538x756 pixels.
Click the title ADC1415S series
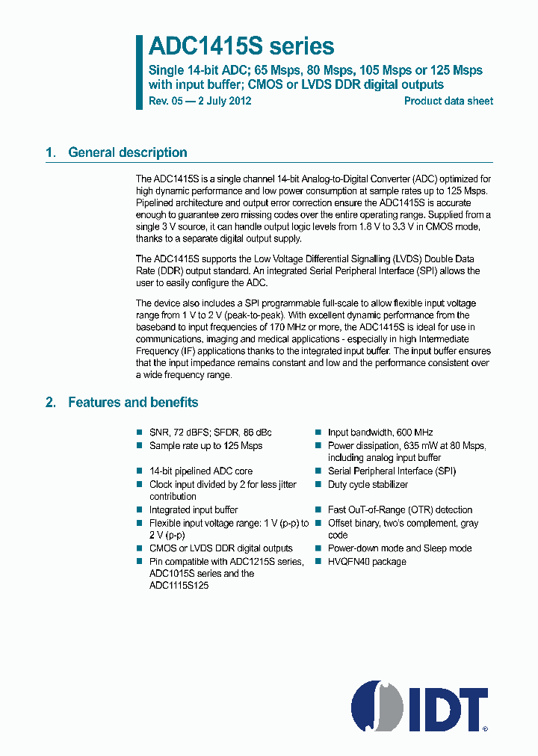point(241,46)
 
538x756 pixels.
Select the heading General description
point(127,152)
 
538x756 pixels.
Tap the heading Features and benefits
point(133,403)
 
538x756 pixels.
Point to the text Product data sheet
point(448,101)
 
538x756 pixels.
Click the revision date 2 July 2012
point(224,101)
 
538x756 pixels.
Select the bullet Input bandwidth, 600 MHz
point(380,433)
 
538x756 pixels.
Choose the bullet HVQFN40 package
point(367,561)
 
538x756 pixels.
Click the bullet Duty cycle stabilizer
point(368,484)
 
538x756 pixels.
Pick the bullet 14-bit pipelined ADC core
point(200,471)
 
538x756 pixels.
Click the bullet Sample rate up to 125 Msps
point(205,446)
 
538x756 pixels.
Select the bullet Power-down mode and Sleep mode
point(400,548)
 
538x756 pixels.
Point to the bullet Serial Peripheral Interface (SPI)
point(392,471)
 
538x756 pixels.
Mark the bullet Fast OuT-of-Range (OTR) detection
point(400,510)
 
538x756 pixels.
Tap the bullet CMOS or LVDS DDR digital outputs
point(220,548)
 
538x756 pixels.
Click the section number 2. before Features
point(50,403)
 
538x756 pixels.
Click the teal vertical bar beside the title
point(139,72)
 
